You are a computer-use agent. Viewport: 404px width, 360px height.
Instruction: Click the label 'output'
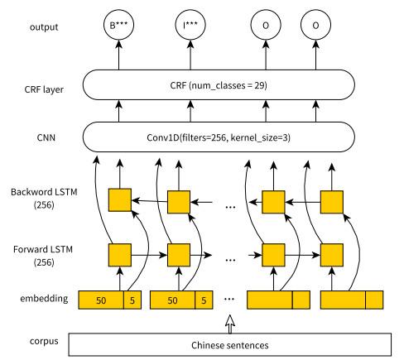click(44, 27)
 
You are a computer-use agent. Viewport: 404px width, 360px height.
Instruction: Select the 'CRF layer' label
click(44, 89)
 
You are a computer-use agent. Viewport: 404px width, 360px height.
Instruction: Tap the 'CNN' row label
click(46, 137)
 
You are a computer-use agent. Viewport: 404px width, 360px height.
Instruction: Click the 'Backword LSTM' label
click(44, 192)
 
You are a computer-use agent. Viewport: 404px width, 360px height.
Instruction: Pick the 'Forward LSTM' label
click(43, 249)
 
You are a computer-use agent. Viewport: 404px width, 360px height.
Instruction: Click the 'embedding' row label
click(44, 299)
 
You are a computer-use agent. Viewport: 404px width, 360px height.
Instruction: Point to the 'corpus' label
click(44, 341)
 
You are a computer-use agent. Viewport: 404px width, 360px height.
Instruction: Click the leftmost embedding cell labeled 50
click(101, 300)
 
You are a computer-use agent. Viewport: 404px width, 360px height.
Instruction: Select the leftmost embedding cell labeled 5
click(132, 300)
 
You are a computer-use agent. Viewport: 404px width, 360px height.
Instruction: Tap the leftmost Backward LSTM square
click(120, 200)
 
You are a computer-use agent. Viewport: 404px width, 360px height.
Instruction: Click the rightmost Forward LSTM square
click(332, 255)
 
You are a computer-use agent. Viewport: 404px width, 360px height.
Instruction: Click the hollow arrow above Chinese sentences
click(230, 324)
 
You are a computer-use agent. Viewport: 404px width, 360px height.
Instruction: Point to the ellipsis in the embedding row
click(229, 299)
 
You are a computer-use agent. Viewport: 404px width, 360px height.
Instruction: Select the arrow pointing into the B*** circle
click(118, 55)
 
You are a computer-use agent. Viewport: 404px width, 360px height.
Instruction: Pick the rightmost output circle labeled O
click(315, 25)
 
